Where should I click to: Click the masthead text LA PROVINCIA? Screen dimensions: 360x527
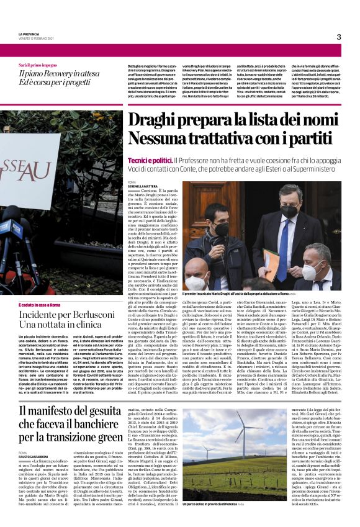click(x=30, y=34)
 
